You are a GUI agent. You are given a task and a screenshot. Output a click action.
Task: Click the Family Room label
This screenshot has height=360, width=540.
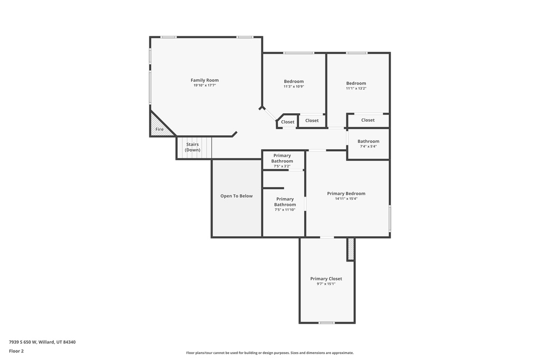coord(205,80)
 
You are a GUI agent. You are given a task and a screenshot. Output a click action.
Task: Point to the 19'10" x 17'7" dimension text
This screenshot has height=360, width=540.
coord(205,85)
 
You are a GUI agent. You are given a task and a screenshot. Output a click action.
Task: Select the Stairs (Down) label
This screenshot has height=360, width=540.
coord(192,147)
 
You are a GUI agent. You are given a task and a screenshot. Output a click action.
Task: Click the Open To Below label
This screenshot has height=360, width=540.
coord(236,196)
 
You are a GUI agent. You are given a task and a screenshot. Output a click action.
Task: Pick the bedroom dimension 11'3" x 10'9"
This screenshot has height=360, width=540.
coord(294,87)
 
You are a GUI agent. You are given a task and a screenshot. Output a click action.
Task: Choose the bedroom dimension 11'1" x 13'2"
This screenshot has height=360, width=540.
coord(356,89)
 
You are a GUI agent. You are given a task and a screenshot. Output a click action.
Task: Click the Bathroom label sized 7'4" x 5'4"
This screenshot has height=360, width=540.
coord(368,141)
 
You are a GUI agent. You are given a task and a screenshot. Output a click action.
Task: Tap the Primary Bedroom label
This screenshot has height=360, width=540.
coord(346,193)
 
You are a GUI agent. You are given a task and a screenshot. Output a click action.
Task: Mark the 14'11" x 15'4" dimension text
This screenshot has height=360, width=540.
coord(346,199)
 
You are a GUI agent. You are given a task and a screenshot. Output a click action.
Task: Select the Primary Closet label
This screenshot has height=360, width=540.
coord(326,279)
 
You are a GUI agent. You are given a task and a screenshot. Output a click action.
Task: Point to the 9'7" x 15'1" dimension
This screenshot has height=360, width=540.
coord(326,284)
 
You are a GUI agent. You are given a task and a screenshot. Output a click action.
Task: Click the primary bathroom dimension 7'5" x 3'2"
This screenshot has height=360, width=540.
coord(282,167)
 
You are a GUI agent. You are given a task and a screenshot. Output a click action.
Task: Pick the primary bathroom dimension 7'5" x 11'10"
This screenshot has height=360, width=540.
coord(285,210)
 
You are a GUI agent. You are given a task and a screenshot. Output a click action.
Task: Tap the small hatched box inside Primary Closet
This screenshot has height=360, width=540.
coord(351,249)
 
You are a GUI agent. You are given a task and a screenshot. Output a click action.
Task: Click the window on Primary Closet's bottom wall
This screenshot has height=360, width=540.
coord(326,323)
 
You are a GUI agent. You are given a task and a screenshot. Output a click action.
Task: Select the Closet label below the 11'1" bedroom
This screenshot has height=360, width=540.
coord(368,120)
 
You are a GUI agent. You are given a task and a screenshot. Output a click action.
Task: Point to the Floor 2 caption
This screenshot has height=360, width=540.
coord(16,351)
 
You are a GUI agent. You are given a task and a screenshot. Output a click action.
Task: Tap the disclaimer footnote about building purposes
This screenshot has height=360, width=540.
coord(269,353)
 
